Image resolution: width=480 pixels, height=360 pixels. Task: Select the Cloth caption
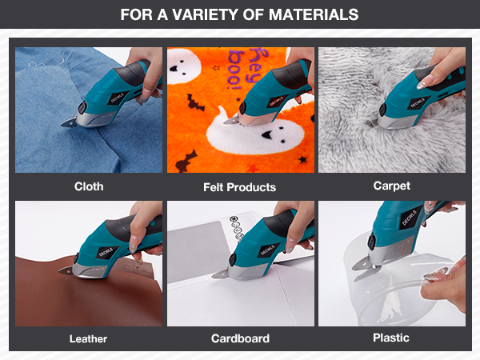click(x=89, y=186)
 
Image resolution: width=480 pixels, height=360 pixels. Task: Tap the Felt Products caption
click(x=240, y=187)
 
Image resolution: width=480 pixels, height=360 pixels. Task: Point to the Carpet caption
click(x=391, y=186)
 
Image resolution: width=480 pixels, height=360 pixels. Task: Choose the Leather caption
click(x=89, y=338)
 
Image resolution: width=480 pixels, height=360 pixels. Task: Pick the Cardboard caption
click(x=240, y=338)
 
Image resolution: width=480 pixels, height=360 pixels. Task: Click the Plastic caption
click(x=391, y=338)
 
